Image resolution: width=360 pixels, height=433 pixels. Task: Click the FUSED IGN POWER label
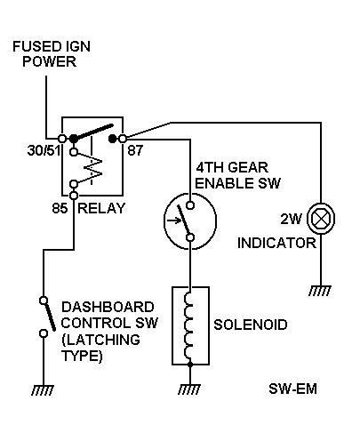[x=52, y=54]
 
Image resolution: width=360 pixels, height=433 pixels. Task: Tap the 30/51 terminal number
[x=44, y=150]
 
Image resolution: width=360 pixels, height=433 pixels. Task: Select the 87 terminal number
[x=135, y=150]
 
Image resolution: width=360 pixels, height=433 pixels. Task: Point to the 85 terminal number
[x=60, y=208]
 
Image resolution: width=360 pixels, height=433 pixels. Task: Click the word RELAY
[x=101, y=208]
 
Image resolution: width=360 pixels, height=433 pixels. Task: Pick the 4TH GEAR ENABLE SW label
[x=237, y=175]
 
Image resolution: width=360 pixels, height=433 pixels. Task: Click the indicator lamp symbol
[x=321, y=219]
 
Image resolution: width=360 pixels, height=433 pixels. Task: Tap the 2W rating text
[x=291, y=219]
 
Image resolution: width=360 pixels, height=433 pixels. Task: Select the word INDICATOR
[x=276, y=243]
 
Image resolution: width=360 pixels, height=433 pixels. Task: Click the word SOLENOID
[x=251, y=325]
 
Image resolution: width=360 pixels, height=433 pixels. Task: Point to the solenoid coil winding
[x=188, y=325]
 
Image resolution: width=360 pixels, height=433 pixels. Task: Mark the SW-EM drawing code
[x=292, y=389]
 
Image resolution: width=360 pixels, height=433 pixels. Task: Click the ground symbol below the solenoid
[x=189, y=389]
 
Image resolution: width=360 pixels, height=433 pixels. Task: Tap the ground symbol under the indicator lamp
[x=320, y=291]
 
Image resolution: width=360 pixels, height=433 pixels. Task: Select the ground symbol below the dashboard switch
[x=44, y=390]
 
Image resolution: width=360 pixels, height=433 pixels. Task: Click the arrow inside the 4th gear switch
[x=174, y=221]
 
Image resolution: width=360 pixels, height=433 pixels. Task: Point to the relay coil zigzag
[x=92, y=168]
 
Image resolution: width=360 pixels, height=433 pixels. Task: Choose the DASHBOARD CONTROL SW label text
[x=109, y=331]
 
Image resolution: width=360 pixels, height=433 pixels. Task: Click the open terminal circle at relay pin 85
[x=74, y=196]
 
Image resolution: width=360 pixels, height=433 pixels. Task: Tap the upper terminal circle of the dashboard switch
[x=44, y=301]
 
